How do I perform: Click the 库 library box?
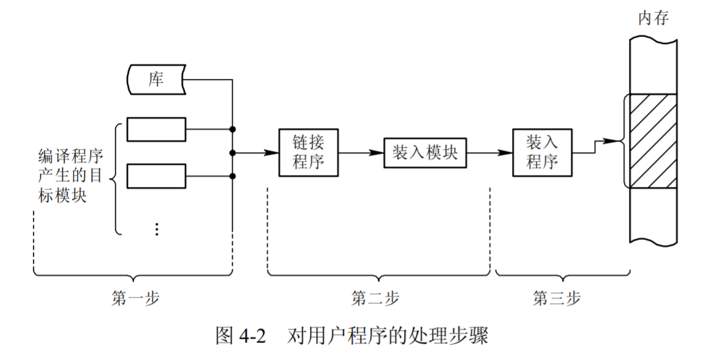[156, 80]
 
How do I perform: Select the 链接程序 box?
[309, 152]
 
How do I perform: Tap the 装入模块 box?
[425, 152]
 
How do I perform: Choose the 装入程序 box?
[542, 152]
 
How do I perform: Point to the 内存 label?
[653, 18]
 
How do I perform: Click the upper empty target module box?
[156, 129]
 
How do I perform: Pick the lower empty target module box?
[156, 176]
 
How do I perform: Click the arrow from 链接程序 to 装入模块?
[362, 152]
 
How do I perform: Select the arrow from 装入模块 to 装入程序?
[489, 152]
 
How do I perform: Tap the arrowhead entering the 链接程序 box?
[273, 152]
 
